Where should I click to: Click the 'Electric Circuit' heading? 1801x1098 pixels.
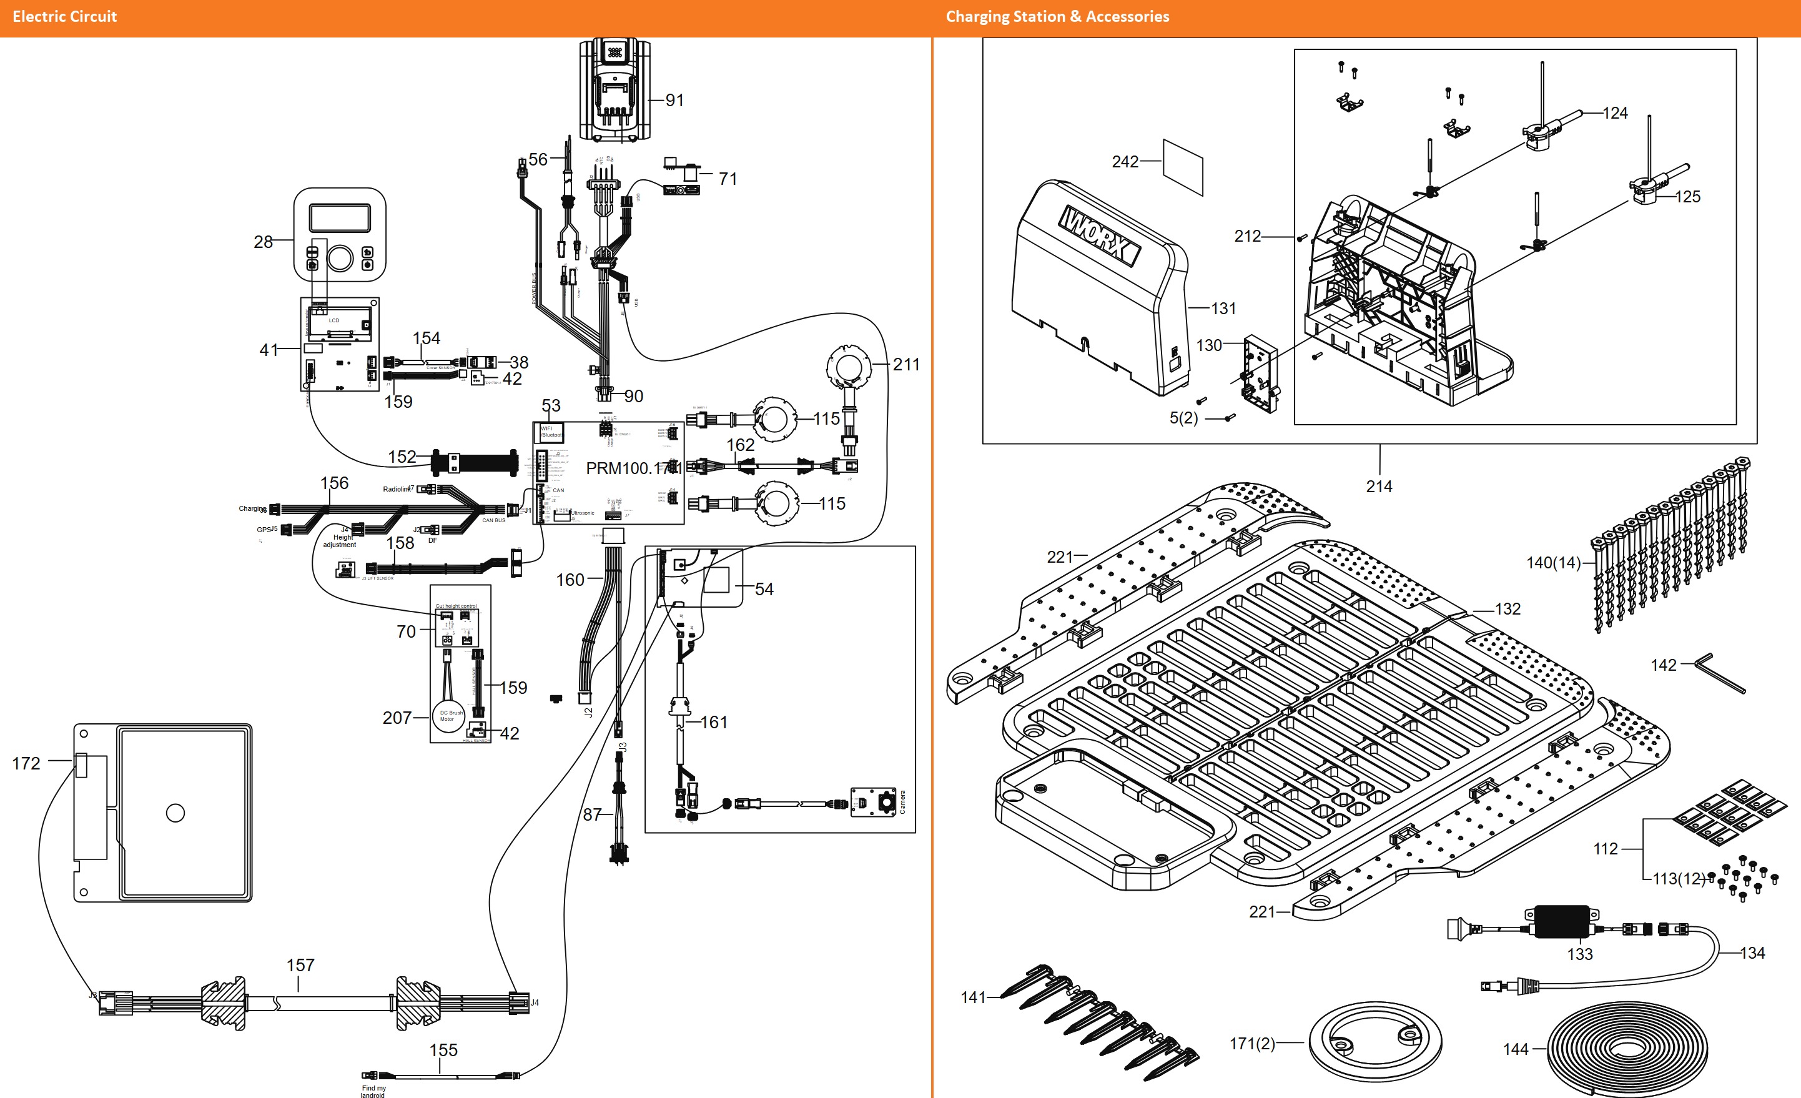click(x=64, y=17)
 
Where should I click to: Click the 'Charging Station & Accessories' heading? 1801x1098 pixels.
click(x=1057, y=17)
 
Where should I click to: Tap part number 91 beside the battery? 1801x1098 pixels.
click(x=674, y=100)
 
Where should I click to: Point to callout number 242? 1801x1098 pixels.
click(x=1125, y=162)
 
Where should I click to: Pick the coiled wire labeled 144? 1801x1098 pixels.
click(x=1627, y=1049)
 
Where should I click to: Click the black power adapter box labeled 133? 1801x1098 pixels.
click(x=1561, y=922)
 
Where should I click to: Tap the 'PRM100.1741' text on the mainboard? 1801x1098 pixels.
click(x=633, y=468)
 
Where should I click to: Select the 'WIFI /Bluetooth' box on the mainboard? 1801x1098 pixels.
click(x=550, y=432)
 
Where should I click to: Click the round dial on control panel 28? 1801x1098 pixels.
click(x=340, y=258)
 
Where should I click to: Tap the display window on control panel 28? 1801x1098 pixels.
click(x=339, y=218)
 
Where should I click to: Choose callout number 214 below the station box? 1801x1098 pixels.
click(x=1379, y=486)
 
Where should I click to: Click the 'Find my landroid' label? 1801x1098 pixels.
click(x=373, y=1091)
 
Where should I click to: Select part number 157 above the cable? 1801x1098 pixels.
click(x=300, y=965)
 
